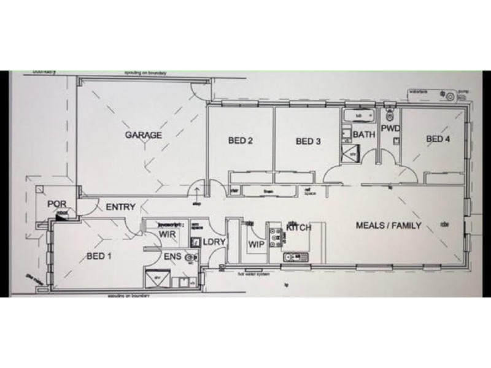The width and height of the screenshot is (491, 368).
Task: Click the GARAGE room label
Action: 144,135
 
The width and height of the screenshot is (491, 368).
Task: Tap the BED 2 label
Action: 241,140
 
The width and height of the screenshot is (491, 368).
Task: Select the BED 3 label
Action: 309,141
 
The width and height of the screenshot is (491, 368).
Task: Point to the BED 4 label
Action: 438,139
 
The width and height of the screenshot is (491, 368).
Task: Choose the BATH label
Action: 365,135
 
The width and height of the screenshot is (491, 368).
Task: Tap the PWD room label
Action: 390,128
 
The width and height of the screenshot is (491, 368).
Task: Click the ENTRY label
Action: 120,207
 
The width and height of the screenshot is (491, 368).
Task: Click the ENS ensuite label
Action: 172,256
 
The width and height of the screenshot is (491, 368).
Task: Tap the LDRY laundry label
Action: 215,242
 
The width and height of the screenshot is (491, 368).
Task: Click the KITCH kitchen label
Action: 299,228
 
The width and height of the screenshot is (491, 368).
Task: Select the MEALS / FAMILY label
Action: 389,225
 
